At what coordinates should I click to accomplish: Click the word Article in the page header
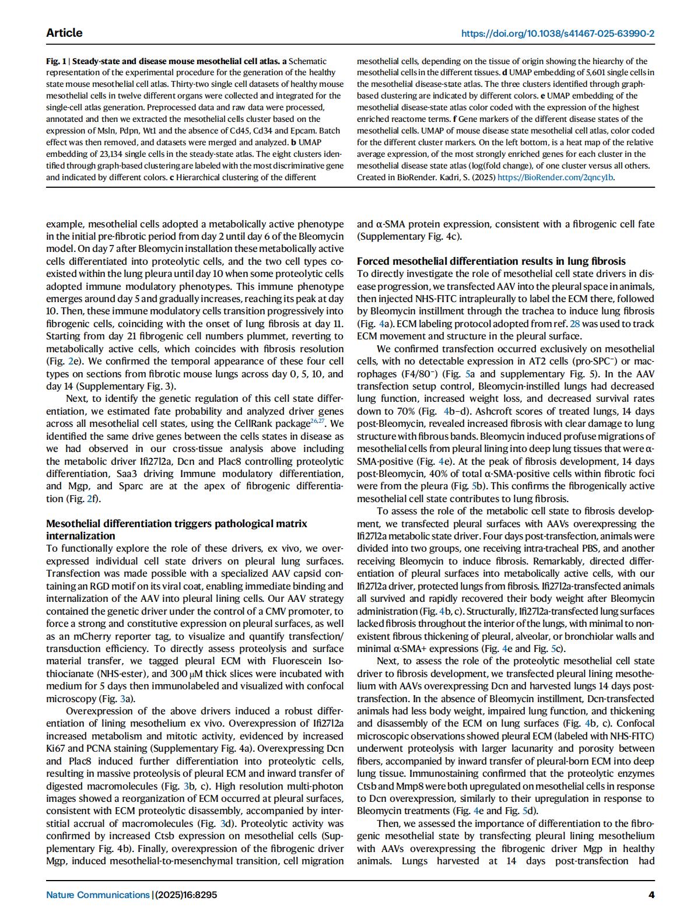[64, 33]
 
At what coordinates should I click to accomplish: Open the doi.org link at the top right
[558, 33]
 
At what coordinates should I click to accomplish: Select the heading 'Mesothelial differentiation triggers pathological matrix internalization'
[176, 530]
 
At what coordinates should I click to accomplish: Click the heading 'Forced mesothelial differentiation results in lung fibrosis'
[491, 261]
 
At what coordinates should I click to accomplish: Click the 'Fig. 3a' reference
[123, 699]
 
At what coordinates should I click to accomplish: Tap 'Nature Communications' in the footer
[97, 895]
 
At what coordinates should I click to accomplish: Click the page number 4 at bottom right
[651, 895]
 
